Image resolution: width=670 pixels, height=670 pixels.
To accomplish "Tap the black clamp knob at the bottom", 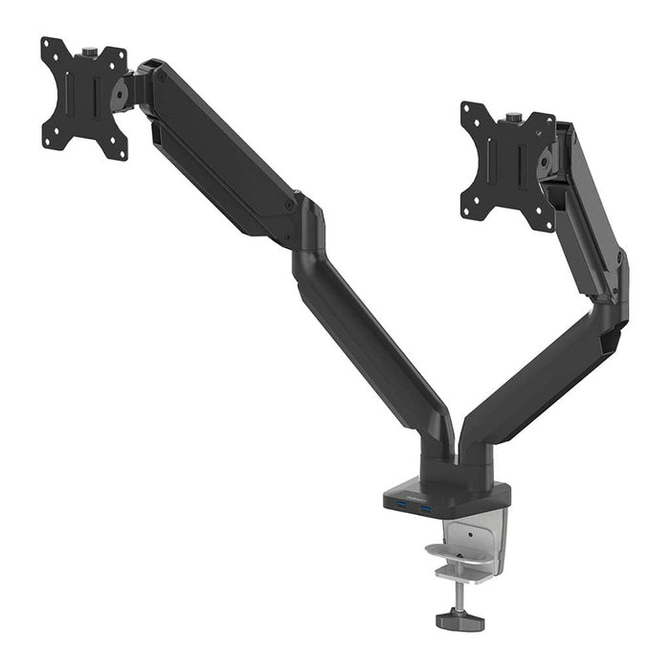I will coord(459,621).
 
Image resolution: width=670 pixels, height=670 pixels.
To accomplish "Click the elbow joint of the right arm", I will coord(613,287).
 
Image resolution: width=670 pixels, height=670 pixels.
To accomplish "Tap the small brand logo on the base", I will coord(400,495).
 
